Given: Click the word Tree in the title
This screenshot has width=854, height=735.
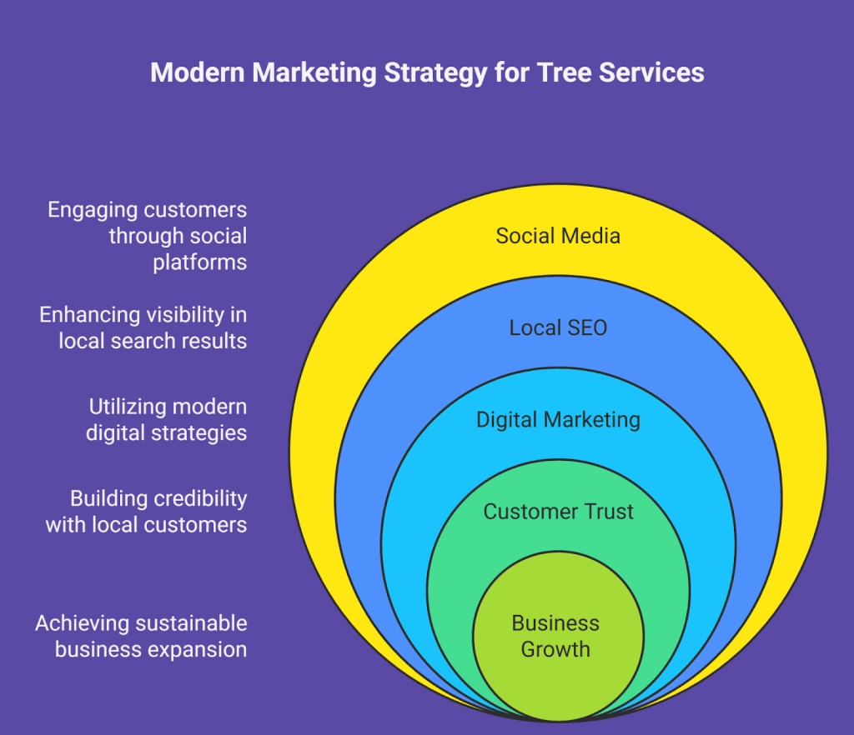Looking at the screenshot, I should pos(563,72).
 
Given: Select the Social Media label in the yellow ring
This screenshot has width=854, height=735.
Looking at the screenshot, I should pos(558,236).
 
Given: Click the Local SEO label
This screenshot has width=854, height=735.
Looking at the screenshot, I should pos(558,327).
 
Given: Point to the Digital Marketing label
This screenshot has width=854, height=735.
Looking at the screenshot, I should pos(558,419).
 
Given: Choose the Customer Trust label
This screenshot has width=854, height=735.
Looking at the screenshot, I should pos(558,511).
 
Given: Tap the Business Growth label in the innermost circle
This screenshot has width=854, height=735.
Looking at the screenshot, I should pos(555,636).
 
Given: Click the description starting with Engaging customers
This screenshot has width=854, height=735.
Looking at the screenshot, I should pos(147,236).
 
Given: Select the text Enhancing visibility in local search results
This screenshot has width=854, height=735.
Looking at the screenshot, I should pos(143,327).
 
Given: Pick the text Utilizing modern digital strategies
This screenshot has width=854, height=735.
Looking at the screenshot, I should pos(167,419).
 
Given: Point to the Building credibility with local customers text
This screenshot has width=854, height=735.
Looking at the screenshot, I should pos(147,511).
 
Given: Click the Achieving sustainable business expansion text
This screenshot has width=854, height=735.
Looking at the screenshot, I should pos(141,636).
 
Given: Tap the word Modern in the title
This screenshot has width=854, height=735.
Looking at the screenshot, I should pos(198,72).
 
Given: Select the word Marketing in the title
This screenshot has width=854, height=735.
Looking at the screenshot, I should pos(314,73).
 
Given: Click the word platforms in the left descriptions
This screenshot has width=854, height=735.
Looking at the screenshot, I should pos(200,262).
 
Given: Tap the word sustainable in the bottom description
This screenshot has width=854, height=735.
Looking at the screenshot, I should pos(191,623).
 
